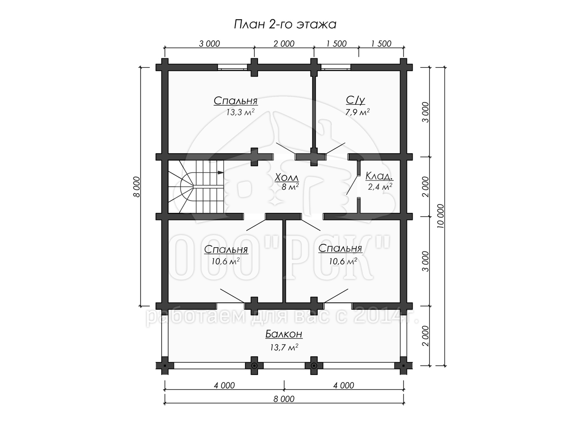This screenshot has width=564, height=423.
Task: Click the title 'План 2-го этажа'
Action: tap(285, 24)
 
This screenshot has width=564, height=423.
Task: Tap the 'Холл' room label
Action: tap(287, 178)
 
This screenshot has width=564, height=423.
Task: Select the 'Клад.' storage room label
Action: tap(379, 176)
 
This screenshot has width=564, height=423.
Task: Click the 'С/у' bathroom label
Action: tap(355, 100)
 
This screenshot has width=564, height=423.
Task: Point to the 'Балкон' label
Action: tap(284, 334)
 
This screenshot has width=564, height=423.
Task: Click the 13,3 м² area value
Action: tap(240, 112)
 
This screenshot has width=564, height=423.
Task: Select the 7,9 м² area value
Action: tap(357, 112)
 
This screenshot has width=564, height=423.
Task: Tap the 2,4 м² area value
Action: tap(380, 187)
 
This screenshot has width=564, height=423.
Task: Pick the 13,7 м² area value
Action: tap(284, 347)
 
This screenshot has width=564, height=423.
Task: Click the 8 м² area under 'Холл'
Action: tap(290, 187)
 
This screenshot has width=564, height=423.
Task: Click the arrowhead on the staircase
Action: tap(220, 172)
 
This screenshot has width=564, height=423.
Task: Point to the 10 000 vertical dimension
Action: tap(440, 216)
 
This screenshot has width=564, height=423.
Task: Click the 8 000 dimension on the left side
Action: tap(137, 187)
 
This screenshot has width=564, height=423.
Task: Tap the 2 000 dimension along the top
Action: tap(284, 44)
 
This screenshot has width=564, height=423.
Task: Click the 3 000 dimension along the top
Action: tap(210, 44)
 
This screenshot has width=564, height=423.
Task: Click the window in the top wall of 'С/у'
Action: tap(336, 67)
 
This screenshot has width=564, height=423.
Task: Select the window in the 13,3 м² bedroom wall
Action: tap(232, 67)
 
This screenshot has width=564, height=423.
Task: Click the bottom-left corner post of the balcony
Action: tap(164, 366)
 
